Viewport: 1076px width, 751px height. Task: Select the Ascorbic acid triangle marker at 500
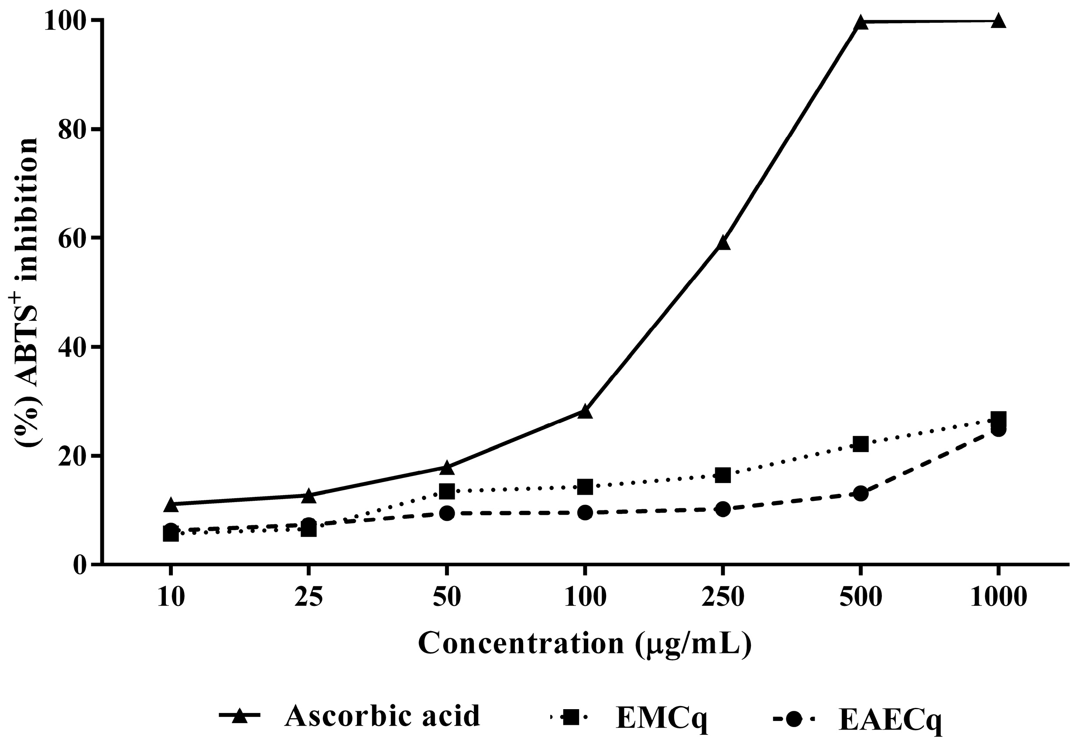coord(860,23)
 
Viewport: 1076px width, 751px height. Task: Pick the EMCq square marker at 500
coord(860,443)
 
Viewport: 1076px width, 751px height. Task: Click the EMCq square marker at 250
coord(723,475)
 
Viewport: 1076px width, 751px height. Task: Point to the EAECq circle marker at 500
coord(860,493)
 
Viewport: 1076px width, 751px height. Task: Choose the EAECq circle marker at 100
coord(585,513)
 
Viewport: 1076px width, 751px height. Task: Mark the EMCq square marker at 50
coord(447,492)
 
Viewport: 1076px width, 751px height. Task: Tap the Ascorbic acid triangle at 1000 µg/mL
coord(998,21)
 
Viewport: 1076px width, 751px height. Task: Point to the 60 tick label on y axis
coord(72,238)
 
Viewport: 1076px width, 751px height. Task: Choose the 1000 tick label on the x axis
coord(998,598)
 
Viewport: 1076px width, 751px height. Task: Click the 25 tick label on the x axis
coord(308,598)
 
